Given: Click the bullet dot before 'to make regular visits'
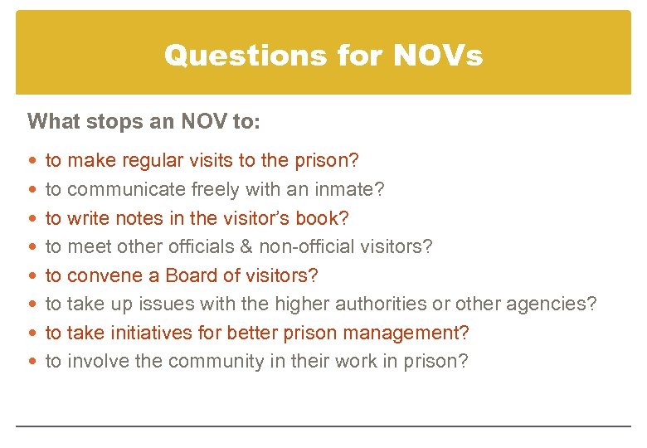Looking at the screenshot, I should point(32,161).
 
